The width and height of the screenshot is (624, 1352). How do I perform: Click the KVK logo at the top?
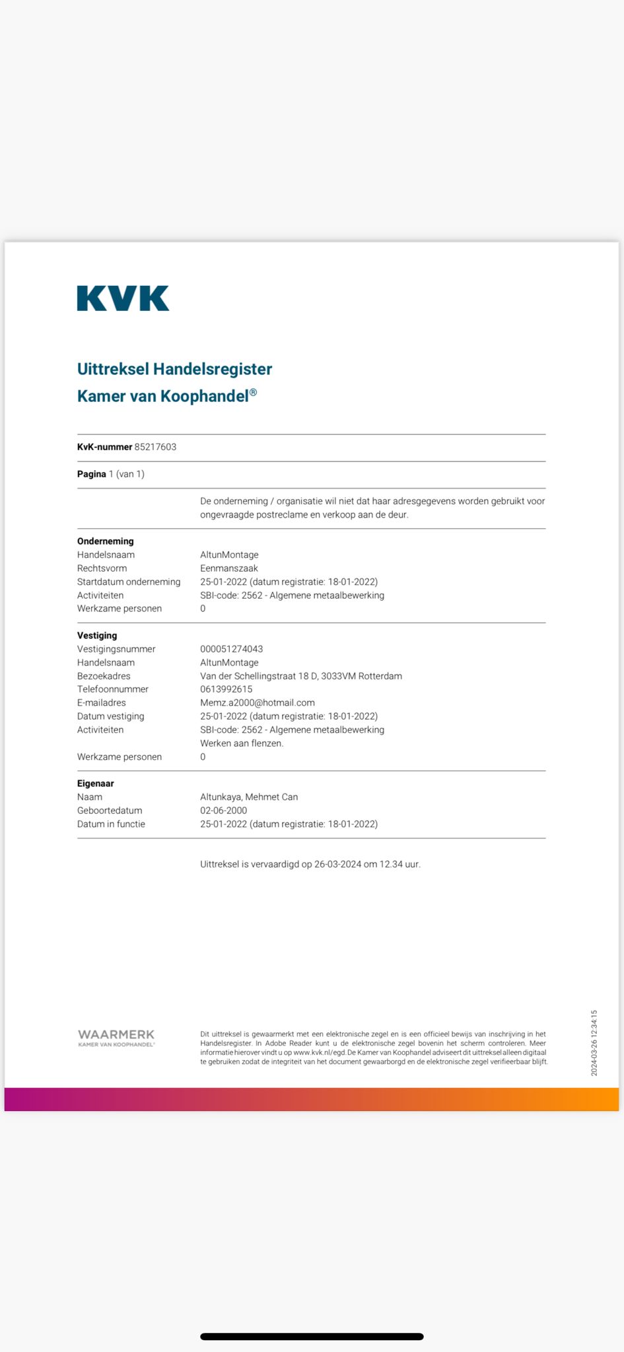[x=123, y=298]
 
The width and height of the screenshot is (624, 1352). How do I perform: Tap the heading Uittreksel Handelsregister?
[x=174, y=369]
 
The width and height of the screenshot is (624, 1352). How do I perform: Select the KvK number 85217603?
[x=155, y=447]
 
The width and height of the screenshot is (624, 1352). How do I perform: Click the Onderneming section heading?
[x=105, y=541]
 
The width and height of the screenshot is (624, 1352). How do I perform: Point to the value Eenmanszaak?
[x=228, y=568]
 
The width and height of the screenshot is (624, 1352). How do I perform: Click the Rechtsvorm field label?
[x=102, y=568]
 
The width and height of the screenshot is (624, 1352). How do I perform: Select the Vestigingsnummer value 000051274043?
[x=231, y=649]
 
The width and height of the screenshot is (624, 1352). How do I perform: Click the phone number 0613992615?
[x=226, y=689]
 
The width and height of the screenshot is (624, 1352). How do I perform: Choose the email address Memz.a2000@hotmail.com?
[x=257, y=703]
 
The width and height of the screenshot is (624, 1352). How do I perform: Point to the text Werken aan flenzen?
[x=242, y=743]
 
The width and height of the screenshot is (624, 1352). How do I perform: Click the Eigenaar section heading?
[x=95, y=784]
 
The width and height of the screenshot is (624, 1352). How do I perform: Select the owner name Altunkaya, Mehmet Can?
[x=248, y=797]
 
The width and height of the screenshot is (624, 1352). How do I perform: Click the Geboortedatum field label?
[x=110, y=811]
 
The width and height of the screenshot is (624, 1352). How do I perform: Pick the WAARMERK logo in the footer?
[x=116, y=1037]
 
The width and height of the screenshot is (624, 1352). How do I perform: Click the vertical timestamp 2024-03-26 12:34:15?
[x=594, y=1043]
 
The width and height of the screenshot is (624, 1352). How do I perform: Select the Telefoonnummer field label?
[x=112, y=689]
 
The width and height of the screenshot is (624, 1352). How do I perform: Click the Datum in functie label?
[x=111, y=824]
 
